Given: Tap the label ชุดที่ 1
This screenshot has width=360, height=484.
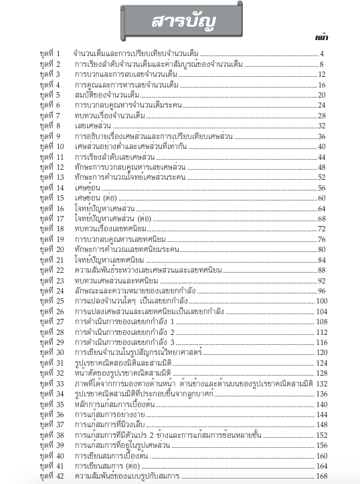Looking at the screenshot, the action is [50, 53].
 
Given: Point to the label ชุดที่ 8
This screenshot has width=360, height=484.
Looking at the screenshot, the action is [50, 126].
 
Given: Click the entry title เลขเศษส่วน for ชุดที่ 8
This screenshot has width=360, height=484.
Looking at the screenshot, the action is [88, 126].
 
